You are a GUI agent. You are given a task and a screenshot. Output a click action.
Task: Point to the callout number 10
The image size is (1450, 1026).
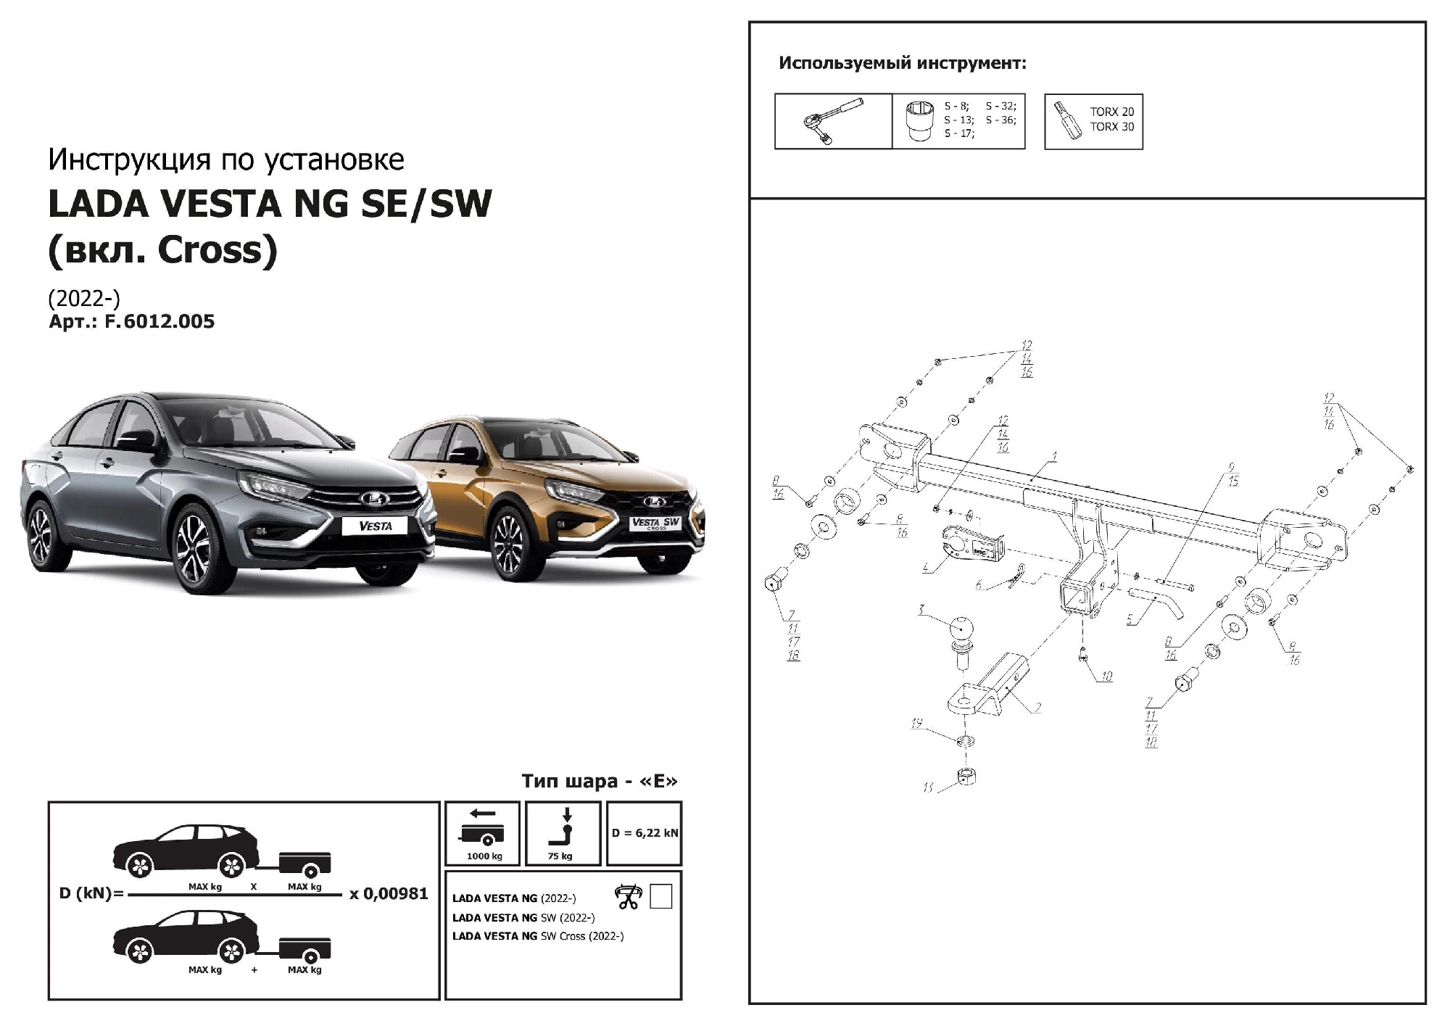pyautogui.click(x=1106, y=677)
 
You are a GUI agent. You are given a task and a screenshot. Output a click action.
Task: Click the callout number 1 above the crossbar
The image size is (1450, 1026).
pyautogui.click(x=1054, y=457)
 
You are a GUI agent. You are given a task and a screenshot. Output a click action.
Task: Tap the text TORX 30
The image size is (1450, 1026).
pyautogui.click(x=1112, y=127)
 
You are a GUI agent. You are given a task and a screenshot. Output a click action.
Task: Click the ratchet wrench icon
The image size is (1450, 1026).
pyautogui.click(x=832, y=122)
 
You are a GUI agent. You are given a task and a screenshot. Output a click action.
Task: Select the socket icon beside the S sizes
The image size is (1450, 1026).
pyautogui.click(x=919, y=122)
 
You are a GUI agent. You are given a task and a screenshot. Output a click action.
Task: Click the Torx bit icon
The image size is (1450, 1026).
pyautogui.click(x=1067, y=122)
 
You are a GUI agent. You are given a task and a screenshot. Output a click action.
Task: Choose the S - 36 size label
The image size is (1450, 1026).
pyautogui.click(x=1000, y=120)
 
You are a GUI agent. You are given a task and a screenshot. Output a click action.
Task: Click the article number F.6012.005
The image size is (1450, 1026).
pyautogui.click(x=159, y=321)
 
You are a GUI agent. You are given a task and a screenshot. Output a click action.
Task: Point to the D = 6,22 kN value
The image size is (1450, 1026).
pyautogui.click(x=645, y=833)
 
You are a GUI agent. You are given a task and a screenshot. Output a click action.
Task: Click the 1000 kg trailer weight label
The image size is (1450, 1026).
pyautogui.click(x=484, y=856)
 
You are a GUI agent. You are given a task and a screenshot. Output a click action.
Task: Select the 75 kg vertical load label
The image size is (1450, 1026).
pyautogui.click(x=560, y=856)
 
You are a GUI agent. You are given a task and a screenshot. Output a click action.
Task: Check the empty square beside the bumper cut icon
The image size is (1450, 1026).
pyautogui.click(x=660, y=897)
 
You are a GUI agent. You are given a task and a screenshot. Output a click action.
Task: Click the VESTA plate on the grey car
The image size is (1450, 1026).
pyautogui.click(x=376, y=526)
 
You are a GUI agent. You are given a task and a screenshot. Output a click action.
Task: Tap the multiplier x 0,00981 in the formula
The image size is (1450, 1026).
pyautogui.click(x=389, y=893)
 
